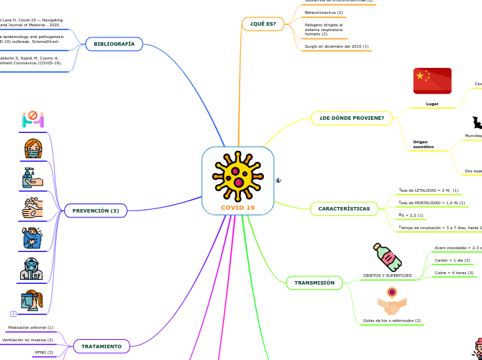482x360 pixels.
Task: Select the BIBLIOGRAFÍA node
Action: click(114, 44)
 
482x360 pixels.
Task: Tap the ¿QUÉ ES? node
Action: click(262, 24)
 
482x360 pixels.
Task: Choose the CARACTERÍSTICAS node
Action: click(343, 208)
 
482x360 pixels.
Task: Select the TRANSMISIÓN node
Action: click(314, 282)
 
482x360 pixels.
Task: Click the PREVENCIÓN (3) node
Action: click(96, 210)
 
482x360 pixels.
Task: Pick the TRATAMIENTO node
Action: click(101, 346)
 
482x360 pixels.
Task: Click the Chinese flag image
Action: click(432, 80)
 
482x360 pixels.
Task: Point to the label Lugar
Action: click(432, 104)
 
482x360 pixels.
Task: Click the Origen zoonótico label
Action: click(423, 144)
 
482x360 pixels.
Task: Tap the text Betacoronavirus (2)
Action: click(323, 12)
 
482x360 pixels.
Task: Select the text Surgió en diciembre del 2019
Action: click(336, 46)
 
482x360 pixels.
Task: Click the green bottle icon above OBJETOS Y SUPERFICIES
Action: click(387, 257)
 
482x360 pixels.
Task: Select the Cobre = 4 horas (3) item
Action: click(454, 273)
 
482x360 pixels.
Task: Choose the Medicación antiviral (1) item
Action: click(30, 327)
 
